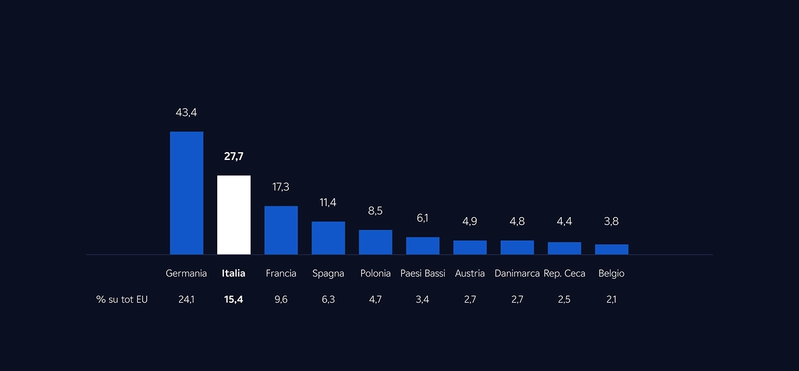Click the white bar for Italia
[233, 215]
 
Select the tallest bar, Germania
[186, 193]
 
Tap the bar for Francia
[281, 230]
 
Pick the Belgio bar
[611, 249]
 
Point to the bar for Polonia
[375, 242]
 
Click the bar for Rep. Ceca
[564, 248]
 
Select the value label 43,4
[186, 113]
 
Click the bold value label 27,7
[233, 157]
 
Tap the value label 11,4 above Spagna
[328, 203]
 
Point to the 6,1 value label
[422, 218]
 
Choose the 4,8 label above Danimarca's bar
[517, 222]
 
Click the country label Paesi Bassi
[422, 273]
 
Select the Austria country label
[470, 273]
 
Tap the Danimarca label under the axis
[517, 273]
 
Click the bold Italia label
[233, 273]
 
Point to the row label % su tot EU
[122, 299]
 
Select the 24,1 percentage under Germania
[186, 299]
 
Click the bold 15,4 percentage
[233, 299]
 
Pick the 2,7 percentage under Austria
[470, 299]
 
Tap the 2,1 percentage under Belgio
[611, 299]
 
